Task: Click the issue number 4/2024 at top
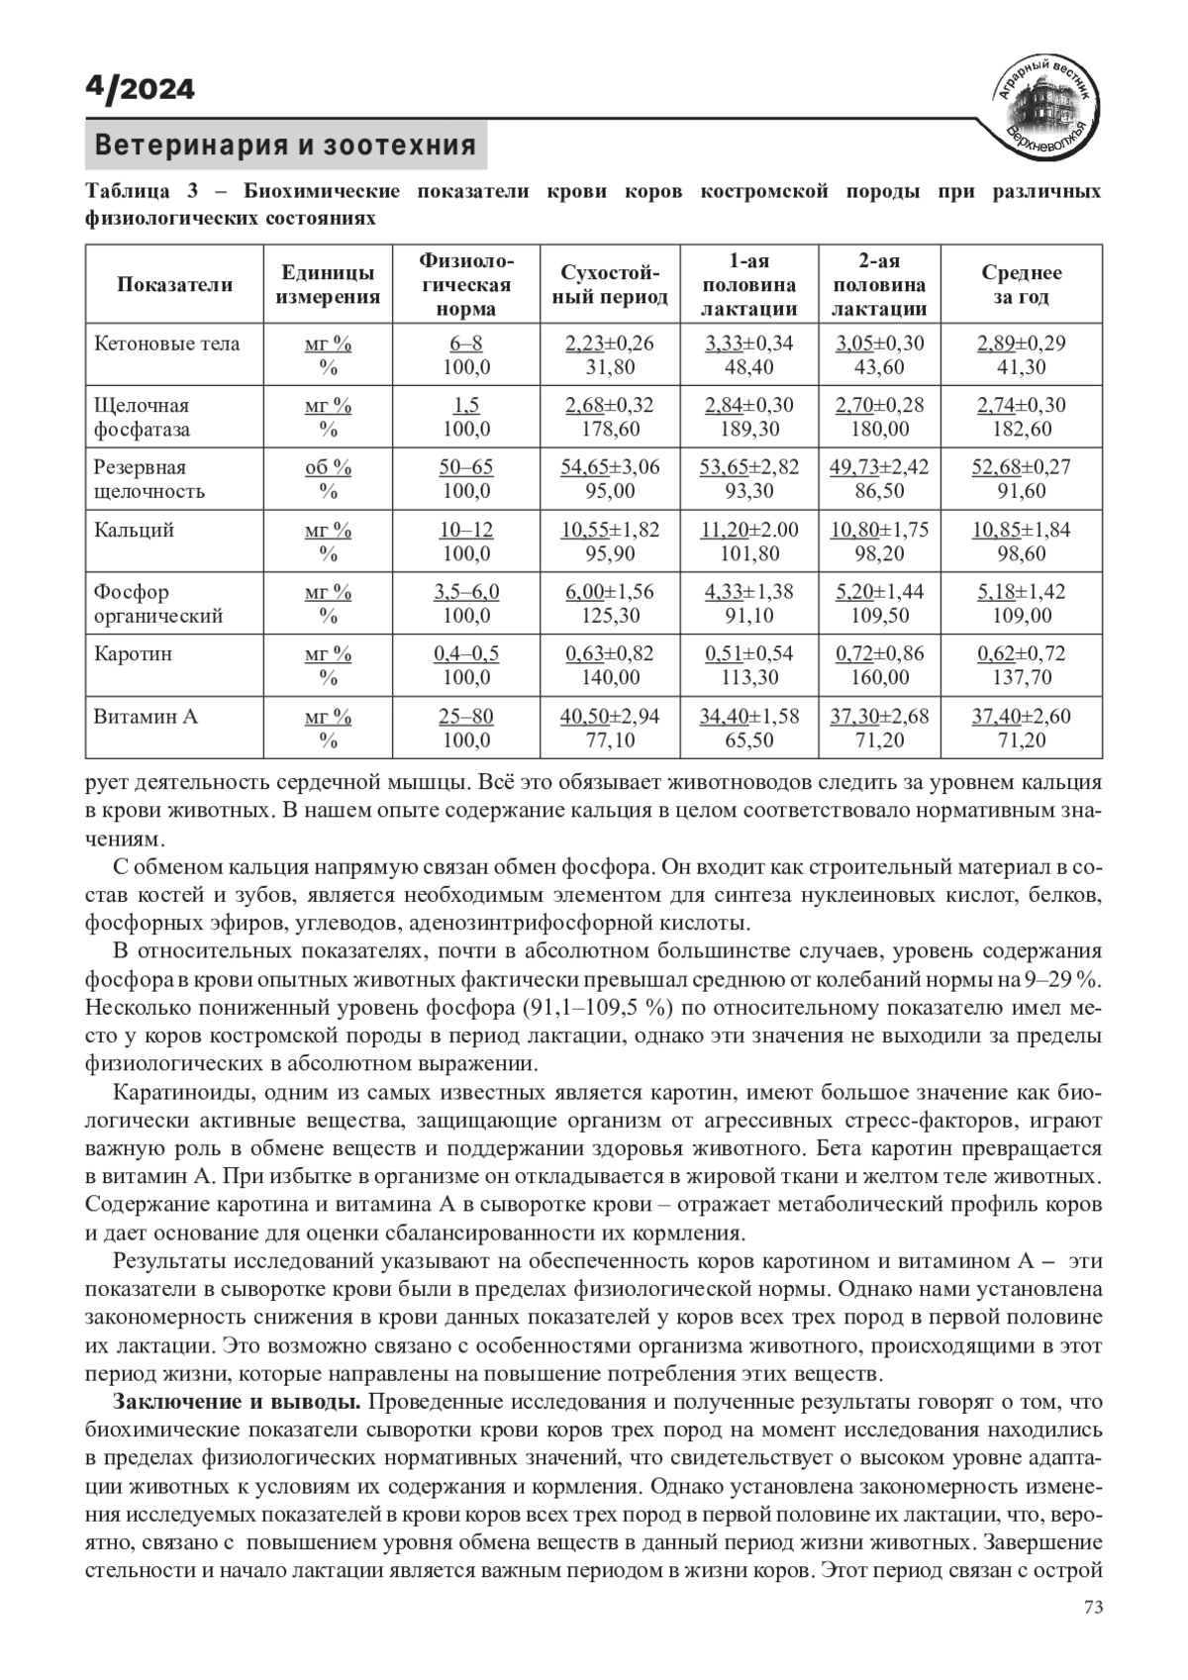tap(140, 89)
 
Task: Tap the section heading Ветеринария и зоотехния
tap(285, 146)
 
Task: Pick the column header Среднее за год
tap(1021, 285)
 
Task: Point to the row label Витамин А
tap(146, 716)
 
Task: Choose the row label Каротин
tap(133, 653)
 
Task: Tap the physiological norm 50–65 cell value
tap(466, 467)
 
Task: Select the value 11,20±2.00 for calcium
tap(749, 530)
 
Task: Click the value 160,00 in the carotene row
tap(879, 678)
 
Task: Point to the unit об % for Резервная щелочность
tap(328, 467)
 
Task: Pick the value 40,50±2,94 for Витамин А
tap(610, 716)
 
